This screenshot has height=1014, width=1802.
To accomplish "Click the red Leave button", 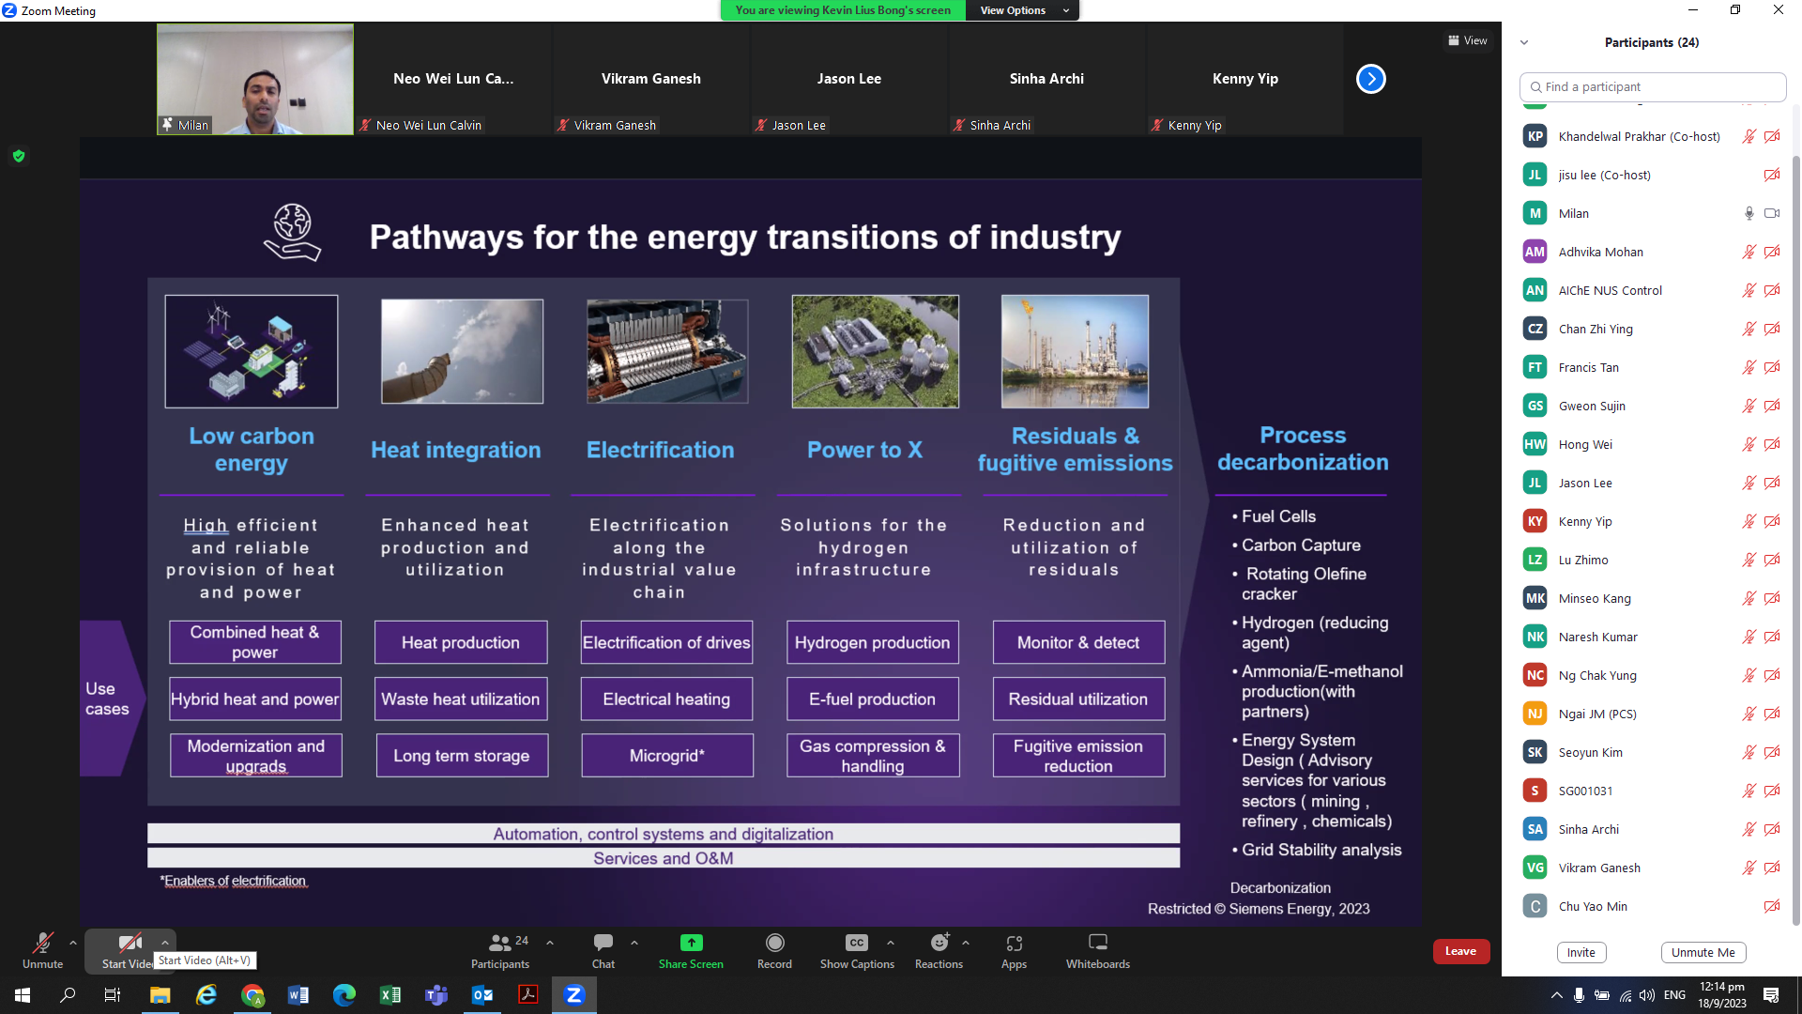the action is coord(1460,951).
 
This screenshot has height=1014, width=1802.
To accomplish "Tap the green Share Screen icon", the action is coord(691,943).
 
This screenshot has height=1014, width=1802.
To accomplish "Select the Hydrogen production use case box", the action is coord(872,642).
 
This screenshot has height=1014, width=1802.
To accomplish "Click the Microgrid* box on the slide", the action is coord(667,756).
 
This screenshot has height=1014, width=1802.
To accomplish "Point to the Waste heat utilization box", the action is coord(461,699).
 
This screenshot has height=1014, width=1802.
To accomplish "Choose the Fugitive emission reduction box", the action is coord(1078,756).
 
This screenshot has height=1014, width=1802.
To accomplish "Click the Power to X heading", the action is coord(864,450).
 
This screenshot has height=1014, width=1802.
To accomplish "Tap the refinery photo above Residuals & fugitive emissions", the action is coord(1075,351).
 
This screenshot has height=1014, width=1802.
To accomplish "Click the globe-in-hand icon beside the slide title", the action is coord(292,232).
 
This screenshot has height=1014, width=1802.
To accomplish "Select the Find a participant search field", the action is coord(1652,86).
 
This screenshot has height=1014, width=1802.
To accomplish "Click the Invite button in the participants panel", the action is coord(1581,952).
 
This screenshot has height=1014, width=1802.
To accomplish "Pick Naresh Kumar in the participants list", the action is coord(1597,637).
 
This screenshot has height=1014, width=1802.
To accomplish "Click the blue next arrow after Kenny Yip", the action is coord(1370,79).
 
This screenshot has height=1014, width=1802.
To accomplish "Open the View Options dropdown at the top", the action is coord(1023,10).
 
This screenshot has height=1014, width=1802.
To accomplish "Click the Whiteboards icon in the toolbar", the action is coord(1097,942).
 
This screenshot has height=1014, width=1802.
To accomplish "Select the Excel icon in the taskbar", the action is coord(390,995).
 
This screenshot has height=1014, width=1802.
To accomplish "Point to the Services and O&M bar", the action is coord(664,858).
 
